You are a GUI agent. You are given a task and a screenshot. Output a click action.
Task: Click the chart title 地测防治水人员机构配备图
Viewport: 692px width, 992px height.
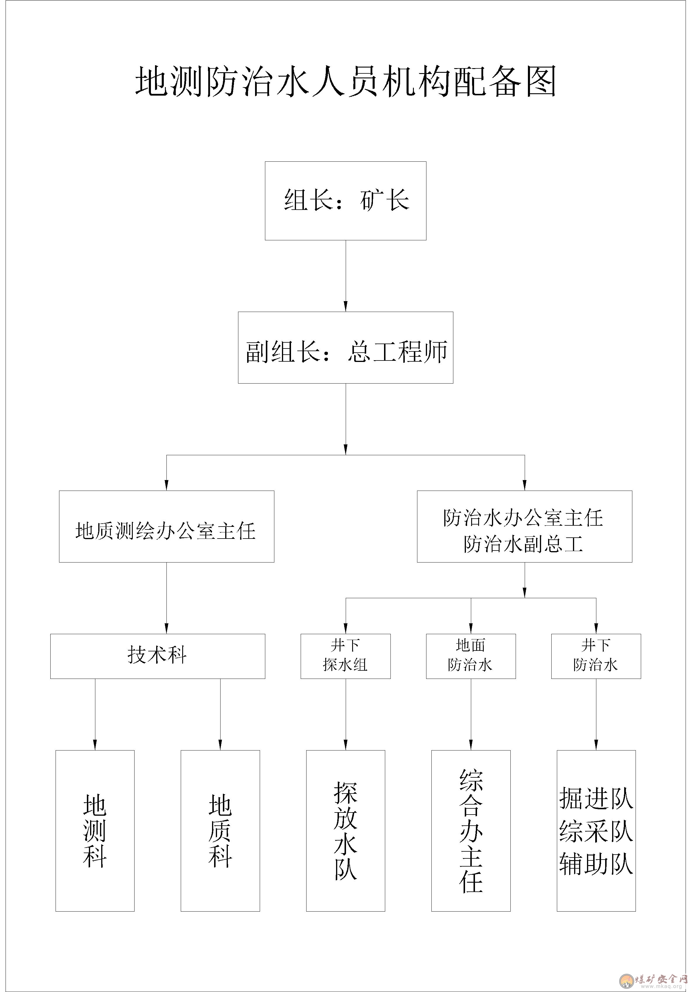(x=346, y=81)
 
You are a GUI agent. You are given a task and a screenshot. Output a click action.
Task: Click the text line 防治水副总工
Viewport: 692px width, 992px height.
(x=524, y=544)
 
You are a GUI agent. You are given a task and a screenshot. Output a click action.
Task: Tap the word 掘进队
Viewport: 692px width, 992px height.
(x=596, y=798)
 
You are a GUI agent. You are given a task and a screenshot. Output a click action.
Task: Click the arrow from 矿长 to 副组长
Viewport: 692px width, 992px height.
(x=346, y=276)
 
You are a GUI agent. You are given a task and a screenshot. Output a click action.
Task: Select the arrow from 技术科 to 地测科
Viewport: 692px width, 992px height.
(x=95, y=715)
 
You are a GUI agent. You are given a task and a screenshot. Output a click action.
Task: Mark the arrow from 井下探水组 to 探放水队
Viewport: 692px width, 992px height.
(x=346, y=715)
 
